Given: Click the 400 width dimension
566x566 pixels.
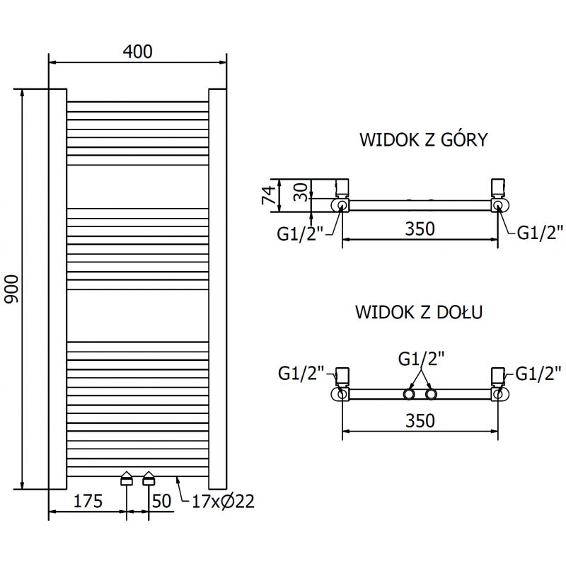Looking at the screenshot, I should coord(137,51).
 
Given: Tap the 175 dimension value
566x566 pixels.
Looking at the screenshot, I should coord(88,502).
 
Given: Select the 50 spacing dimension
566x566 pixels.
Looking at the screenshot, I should coord(162,502).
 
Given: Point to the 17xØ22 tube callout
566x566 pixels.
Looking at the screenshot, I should coord(223,502).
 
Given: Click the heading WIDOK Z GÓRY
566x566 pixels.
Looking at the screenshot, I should coord(423,139).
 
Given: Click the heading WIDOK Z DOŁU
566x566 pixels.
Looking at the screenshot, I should coord(419,312).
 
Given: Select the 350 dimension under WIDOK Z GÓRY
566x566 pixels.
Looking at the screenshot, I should coord(420,229).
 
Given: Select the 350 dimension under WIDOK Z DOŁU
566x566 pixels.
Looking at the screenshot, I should coord(420,420).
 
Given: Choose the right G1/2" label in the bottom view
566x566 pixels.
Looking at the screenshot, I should coord(539,371).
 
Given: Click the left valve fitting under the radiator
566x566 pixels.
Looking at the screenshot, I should coord(127,479).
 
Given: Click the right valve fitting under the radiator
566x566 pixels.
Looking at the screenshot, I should coord(149,479).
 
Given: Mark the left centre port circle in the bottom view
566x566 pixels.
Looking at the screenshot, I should coord(410,394).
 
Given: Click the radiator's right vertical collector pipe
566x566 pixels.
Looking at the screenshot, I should coord(217,290).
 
